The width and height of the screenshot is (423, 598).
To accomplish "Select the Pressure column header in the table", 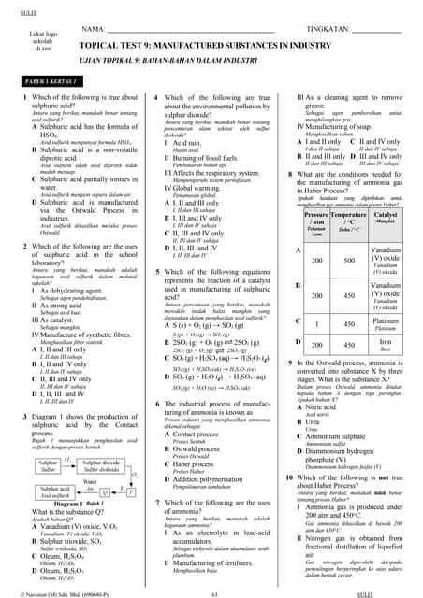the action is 316,221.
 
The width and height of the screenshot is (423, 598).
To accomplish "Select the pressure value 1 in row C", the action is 316,324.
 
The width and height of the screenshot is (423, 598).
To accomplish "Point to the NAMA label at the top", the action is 94,30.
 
